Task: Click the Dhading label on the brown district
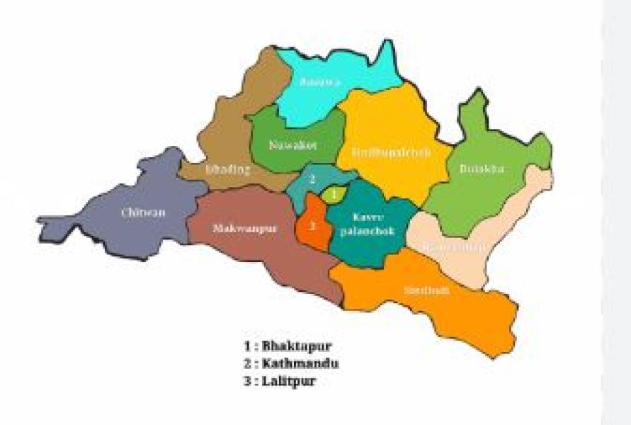[x=227, y=169]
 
